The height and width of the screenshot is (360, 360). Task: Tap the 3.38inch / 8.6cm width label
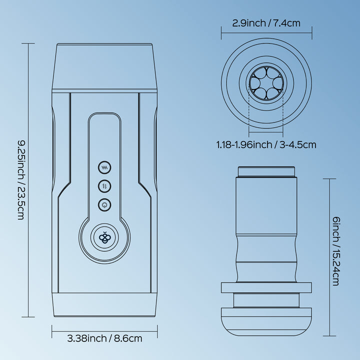104,338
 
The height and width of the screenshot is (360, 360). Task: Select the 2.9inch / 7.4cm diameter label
266,23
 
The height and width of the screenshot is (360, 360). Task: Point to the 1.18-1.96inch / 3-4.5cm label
266,144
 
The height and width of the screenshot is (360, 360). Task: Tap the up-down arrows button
104,186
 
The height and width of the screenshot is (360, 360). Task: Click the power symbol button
104,204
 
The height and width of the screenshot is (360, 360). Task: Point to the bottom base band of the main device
104,305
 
